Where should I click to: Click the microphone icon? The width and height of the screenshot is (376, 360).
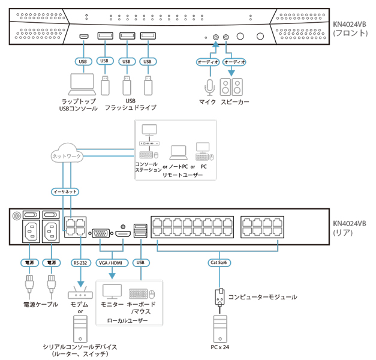(x=209, y=88)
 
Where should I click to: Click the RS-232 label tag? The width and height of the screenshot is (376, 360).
(x=79, y=262)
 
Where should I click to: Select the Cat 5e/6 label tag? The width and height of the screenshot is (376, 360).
(x=219, y=262)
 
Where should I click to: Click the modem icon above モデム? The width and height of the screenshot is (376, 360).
(x=79, y=294)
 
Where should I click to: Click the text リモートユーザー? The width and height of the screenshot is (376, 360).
(x=182, y=175)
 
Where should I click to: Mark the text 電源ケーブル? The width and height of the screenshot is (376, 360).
(x=41, y=304)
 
